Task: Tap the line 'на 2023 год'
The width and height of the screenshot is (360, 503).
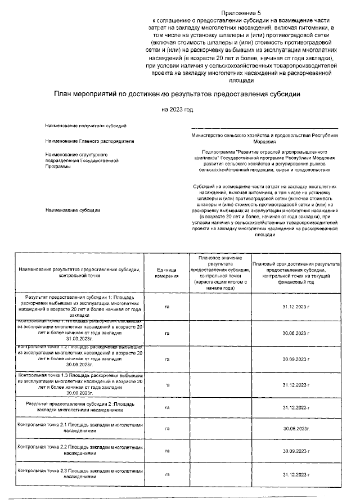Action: pyautogui.click(x=177, y=109)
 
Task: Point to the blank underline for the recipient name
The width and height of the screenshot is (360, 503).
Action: pyautogui.click(x=264, y=128)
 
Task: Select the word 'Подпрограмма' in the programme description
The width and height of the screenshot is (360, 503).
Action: pyautogui.click(x=220, y=152)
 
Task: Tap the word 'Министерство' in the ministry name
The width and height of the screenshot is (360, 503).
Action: pyautogui.click(x=209, y=136)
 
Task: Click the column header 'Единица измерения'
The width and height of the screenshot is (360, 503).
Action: pyautogui.click(x=167, y=273)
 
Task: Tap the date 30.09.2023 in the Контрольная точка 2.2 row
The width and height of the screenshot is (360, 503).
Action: pyautogui.click(x=296, y=451)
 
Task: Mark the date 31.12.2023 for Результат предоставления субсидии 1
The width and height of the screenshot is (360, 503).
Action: pyautogui.click(x=296, y=307)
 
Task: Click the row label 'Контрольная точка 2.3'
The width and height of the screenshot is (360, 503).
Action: pyautogui.click(x=79, y=472)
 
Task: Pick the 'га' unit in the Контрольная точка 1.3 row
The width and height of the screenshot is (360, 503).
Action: pyautogui.click(x=167, y=384)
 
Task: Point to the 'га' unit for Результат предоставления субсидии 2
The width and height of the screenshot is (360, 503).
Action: pyautogui.click(x=167, y=407)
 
